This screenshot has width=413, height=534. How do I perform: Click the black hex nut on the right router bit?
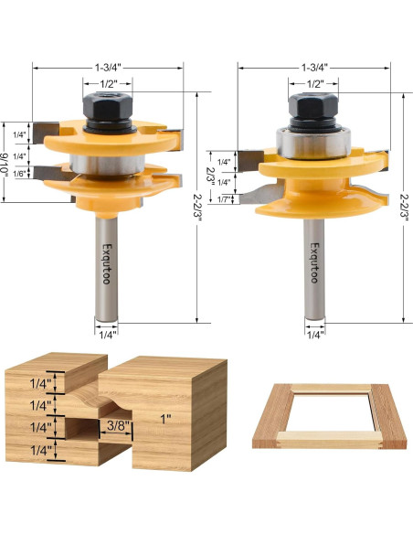coord(312,111)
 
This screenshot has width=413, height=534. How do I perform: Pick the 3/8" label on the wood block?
coord(114,424)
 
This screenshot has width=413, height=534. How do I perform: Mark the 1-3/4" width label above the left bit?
coord(109,67)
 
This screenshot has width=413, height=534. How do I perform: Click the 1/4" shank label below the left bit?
coord(108,335)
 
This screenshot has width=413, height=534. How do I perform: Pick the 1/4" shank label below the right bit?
coord(315,335)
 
